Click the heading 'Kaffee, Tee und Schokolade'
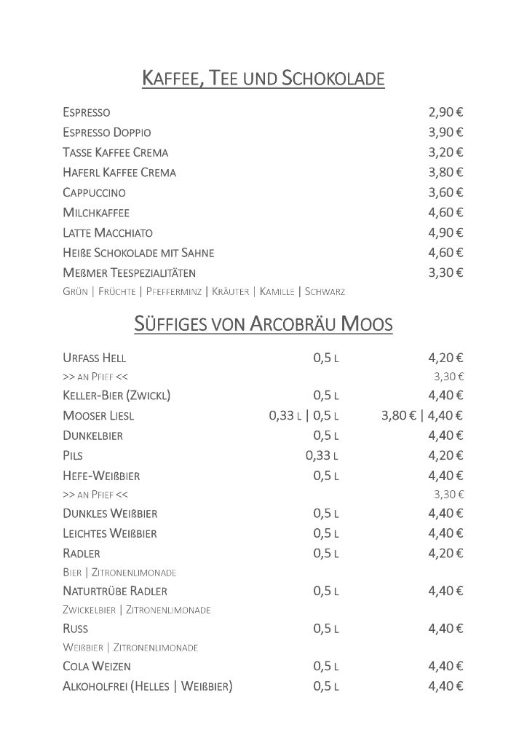[263, 78]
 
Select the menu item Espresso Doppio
[107, 133]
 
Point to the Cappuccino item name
[94, 193]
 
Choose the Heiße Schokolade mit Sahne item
[138, 253]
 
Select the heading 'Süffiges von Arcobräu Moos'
[263, 324]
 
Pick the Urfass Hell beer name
[99, 358]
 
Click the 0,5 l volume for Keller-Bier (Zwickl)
[326, 396]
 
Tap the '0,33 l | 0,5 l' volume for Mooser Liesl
[304, 416]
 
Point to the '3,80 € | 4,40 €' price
[422, 416]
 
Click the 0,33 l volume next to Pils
[322, 456]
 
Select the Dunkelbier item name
[92, 436]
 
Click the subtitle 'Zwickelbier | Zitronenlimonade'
[137, 610]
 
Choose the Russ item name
[76, 629]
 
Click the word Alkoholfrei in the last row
[95, 686]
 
